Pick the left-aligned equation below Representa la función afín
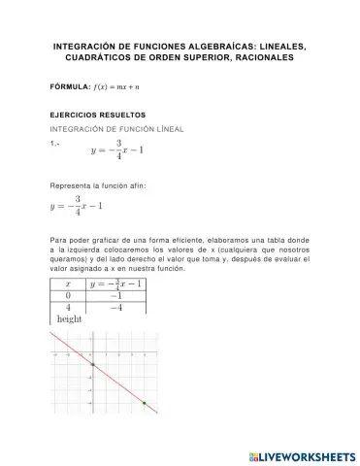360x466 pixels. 75,207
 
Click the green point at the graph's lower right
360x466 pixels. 144,402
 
